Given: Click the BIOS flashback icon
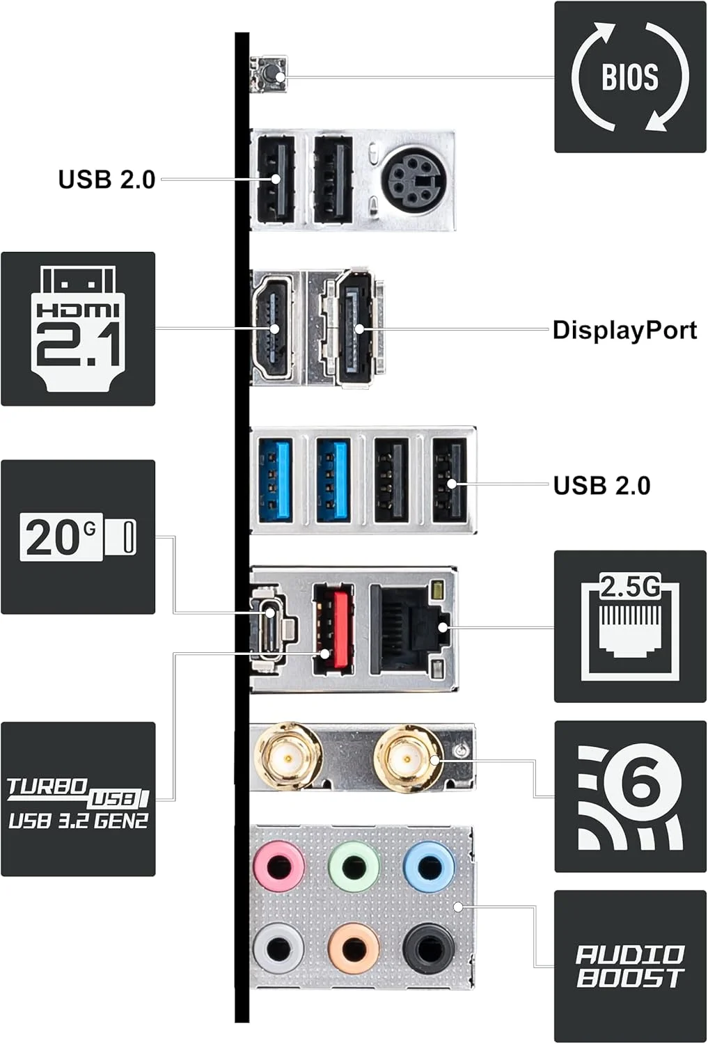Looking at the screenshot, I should pyautogui.click(x=630, y=77).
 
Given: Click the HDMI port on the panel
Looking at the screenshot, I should pyautogui.click(x=273, y=327).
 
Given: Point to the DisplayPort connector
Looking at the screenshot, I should pyautogui.click(x=354, y=328).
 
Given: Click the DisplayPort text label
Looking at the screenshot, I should pyautogui.click(x=624, y=330).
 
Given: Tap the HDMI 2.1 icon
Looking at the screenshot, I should pyautogui.click(x=78, y=329).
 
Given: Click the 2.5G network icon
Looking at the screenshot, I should pyautogui.click(x=630, y=626).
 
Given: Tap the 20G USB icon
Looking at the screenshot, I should pyautogui.click(x=78, y=537).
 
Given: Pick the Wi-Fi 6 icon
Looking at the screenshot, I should pyautogui.click(x=630, y=796).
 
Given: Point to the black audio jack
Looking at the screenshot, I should pyautogui.click(x=429, y=948).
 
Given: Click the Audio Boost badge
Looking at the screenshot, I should pyautogui.click(x=630, y=966).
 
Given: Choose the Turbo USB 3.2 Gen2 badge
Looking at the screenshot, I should pyautogui.click(x=78, y=798).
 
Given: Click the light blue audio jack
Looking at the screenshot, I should pyautogui.click(x=429, y=866).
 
